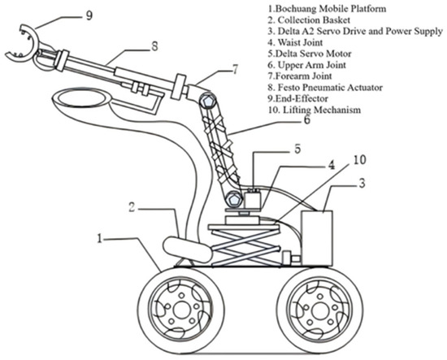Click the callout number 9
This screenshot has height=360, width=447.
(89, 15)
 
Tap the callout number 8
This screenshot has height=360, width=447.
(154, 46)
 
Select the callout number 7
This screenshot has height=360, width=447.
(235, 69)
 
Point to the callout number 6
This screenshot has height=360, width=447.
(306, 120)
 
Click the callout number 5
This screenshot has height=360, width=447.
(297, 149)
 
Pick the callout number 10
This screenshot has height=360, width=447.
(360, 159)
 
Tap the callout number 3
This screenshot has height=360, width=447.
(362, 184)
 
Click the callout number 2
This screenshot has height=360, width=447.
(132, 207)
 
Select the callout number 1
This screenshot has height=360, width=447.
(99, 238)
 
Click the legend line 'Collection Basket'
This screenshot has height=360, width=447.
(309, 20)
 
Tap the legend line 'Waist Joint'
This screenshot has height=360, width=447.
(295, 42)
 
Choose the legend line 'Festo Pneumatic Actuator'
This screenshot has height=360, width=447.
(325, 87)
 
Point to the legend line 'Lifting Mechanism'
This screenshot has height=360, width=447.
(315, 110)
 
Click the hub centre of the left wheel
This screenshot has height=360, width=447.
(181, 310)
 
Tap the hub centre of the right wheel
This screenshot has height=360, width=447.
(320, 310)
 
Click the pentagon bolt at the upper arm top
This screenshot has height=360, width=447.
(206, 101)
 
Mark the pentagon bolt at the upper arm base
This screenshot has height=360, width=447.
(234, 198)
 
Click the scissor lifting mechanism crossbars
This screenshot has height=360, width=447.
(245, 246)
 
